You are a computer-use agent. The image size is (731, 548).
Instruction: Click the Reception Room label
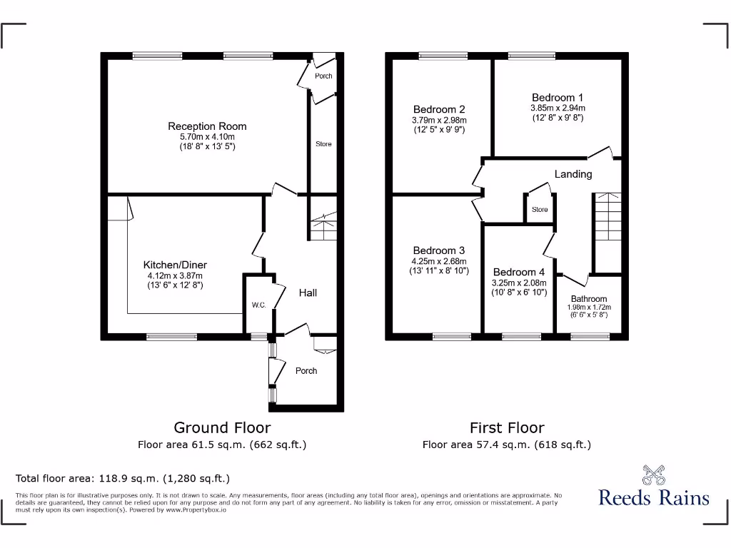207,126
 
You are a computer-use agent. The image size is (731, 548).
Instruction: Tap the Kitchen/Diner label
175,265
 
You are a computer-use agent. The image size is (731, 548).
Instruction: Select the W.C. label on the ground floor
258,305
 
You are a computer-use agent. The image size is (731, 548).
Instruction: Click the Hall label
308,293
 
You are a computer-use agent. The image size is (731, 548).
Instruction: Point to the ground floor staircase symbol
323,228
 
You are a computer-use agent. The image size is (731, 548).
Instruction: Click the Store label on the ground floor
323,144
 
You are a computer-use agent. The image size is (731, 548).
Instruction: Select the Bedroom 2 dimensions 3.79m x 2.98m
438,120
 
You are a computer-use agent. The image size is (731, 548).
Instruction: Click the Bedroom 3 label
438,250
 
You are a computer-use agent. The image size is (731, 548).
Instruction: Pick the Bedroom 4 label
518,272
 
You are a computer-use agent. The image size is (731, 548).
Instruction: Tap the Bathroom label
589,299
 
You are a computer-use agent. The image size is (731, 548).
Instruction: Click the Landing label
573,174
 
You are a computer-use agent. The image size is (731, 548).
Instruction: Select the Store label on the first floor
540,210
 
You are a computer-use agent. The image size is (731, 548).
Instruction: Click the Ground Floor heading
222,427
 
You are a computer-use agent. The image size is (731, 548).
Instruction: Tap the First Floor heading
506,427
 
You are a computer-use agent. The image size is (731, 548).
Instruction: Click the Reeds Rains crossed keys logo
653,475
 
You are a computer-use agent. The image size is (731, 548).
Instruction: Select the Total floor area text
123,478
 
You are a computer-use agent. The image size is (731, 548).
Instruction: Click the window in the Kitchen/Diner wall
171,336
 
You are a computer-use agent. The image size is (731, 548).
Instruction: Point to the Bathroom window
590,336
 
